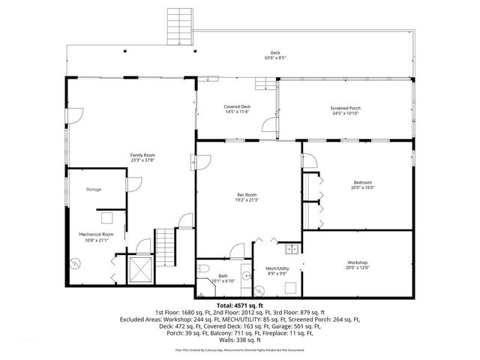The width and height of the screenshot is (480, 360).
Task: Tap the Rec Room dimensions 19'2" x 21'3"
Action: (241, 199)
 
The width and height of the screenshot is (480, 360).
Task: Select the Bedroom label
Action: (363, 182)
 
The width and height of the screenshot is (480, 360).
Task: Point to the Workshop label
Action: (357, 262)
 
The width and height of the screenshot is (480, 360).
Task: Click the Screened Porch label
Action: (345, 107)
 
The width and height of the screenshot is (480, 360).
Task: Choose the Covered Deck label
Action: (237, 106)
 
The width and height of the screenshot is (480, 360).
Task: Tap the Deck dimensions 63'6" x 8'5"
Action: (275, 58)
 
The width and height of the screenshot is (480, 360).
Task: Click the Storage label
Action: (93, 189)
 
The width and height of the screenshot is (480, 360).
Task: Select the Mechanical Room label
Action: (96, 234)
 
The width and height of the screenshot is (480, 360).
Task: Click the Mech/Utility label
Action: (277, 268)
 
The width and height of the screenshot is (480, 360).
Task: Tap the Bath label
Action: (223, 276)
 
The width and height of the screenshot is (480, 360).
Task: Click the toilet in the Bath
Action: (203, 268)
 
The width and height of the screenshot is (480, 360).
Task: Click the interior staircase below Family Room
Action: (165, 246)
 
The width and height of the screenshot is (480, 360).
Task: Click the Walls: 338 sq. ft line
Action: (240, 339)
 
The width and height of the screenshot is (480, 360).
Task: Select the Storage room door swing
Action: (133, 184)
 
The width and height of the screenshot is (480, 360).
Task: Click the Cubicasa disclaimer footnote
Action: (240, 350)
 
